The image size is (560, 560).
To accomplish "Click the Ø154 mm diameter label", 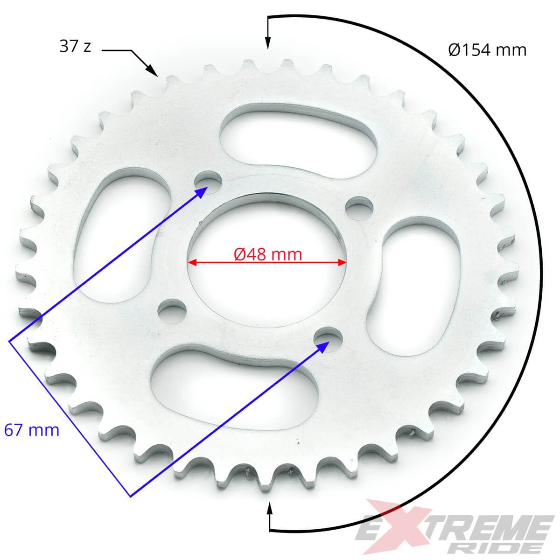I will click(487, 49).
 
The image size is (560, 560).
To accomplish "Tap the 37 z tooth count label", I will click(75, 46).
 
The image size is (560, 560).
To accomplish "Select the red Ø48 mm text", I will click(267, 254).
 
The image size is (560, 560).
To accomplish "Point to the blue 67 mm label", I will click(32, 429).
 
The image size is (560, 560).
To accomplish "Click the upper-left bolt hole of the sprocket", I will click(209, 182).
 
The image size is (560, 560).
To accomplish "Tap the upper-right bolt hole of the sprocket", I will click(360, 208).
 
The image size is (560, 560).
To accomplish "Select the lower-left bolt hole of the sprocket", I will click(172, 311).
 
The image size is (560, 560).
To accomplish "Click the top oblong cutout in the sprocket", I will click(298, 143).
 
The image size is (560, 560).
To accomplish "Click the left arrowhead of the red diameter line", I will click(192, 262).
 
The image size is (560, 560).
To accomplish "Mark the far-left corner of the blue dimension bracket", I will click(9, 342).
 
